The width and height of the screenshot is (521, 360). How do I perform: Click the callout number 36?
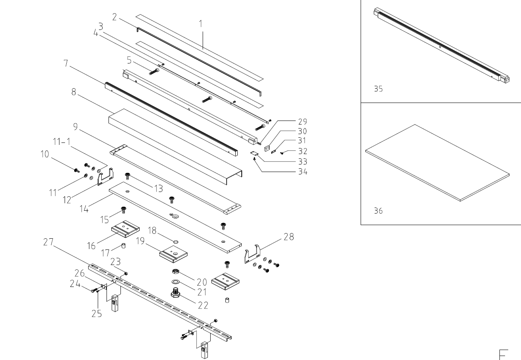[378, 211]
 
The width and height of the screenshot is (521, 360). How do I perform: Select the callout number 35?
[378, 89]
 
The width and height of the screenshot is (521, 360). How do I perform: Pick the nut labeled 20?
[175, 272]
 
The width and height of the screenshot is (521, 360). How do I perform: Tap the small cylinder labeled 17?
[124, 245]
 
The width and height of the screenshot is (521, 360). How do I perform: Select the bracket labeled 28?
[253, 255]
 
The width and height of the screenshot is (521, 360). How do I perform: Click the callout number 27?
[48, 242]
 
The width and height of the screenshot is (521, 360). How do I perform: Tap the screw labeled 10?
[76, 171]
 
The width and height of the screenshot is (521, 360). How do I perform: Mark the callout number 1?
[201, 24]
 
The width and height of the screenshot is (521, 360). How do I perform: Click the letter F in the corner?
[503, 354]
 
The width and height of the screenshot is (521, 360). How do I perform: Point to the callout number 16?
[92, 246]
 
